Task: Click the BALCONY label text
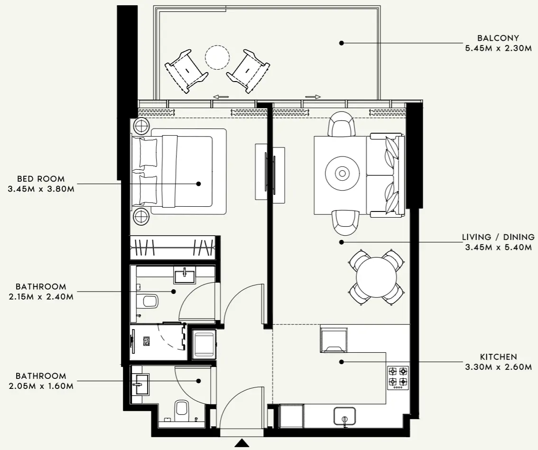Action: pos(498,38)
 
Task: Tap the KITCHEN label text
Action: pos(498,357)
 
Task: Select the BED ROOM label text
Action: pos(41,179)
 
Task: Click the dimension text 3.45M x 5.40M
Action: pos(498,247)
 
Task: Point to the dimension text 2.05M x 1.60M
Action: pos(41,386)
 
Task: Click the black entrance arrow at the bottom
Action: pos(242,443)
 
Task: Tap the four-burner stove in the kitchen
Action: pos(398,377)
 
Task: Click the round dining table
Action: pos(377,276)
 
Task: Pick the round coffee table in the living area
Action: pos(342,174)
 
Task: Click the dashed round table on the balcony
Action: pos(217,57)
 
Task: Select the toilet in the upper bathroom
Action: pos(149,301)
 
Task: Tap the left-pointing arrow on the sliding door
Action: pos(221,97)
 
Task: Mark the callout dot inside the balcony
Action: pos(341,43)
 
